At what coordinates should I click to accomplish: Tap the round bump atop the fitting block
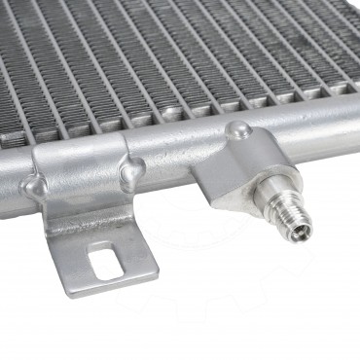click(x=238, y=130)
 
